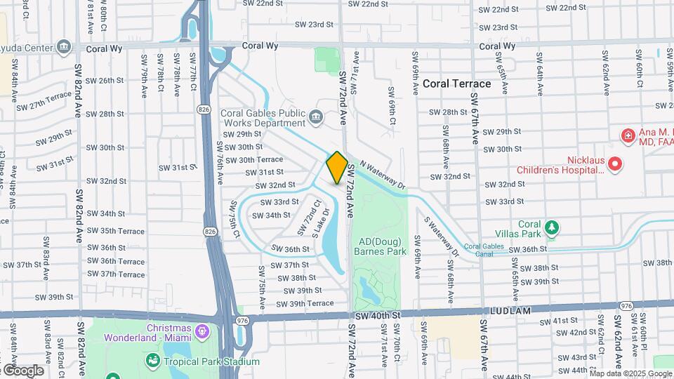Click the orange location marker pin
click(x=337, y=167)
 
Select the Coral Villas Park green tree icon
click(x=553, y=227)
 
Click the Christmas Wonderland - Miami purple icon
click(x=203, y=329)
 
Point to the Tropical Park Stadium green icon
click(x=152, y=361)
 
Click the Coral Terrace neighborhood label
click(x=456, y=84)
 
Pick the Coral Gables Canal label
click(x=484, y=246)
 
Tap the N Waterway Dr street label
click(x=383, y=175)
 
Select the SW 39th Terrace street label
click(x=305, y=303)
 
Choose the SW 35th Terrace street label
click(x=116, y=231)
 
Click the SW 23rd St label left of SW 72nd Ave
click(x=315, y=25)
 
